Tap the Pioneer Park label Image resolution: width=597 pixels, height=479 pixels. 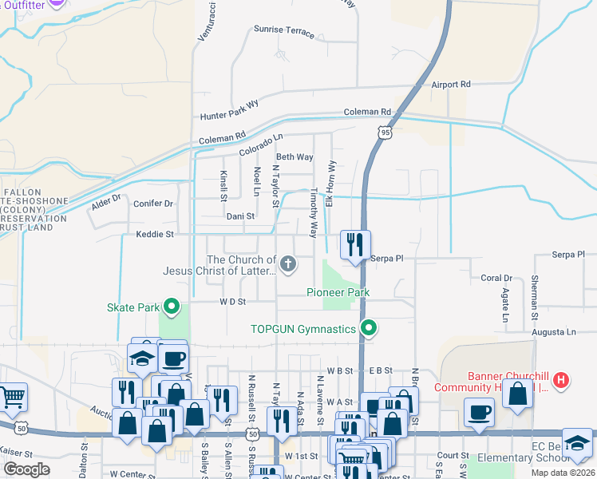tap(338, 292)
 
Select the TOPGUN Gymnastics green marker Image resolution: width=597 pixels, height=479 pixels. tap(368, 328)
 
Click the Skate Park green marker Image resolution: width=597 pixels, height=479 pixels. tap(171, 306)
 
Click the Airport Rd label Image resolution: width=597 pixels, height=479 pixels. tap(452, 84)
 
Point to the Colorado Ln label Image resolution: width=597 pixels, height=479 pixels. tap(261, 144)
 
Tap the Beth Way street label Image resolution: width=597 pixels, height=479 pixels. tap(295, 157)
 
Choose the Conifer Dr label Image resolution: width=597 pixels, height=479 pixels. tap(153, 204)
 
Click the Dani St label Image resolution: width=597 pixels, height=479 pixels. tap(239, 216)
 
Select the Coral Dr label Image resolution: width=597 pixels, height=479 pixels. tap(496, 278)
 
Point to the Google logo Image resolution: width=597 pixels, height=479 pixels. tap(27, 469)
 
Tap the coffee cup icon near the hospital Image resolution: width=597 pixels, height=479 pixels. tap(479, 411)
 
